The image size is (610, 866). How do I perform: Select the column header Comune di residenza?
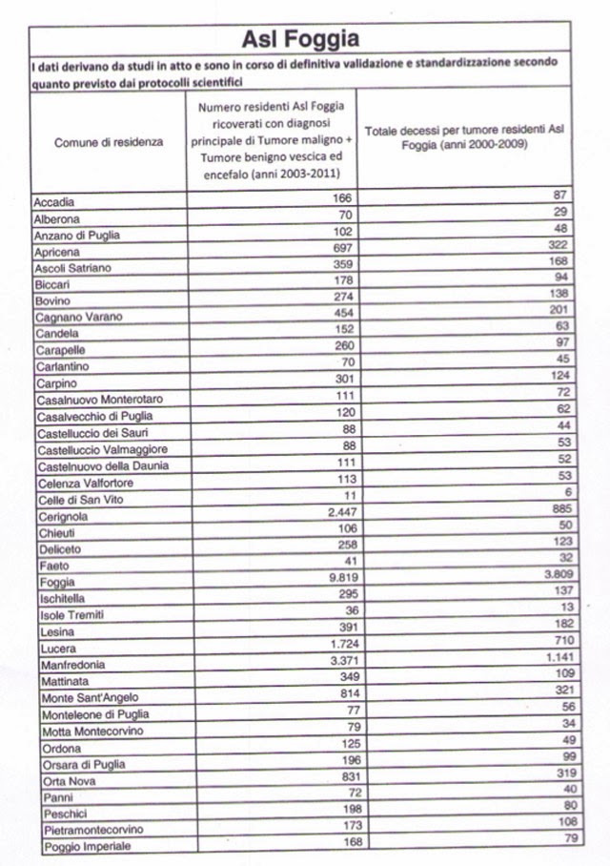click(x=108, y=141)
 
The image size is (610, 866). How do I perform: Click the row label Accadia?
click(x=54, y=202)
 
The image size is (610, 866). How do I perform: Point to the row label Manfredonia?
click(x=67, y=665)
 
